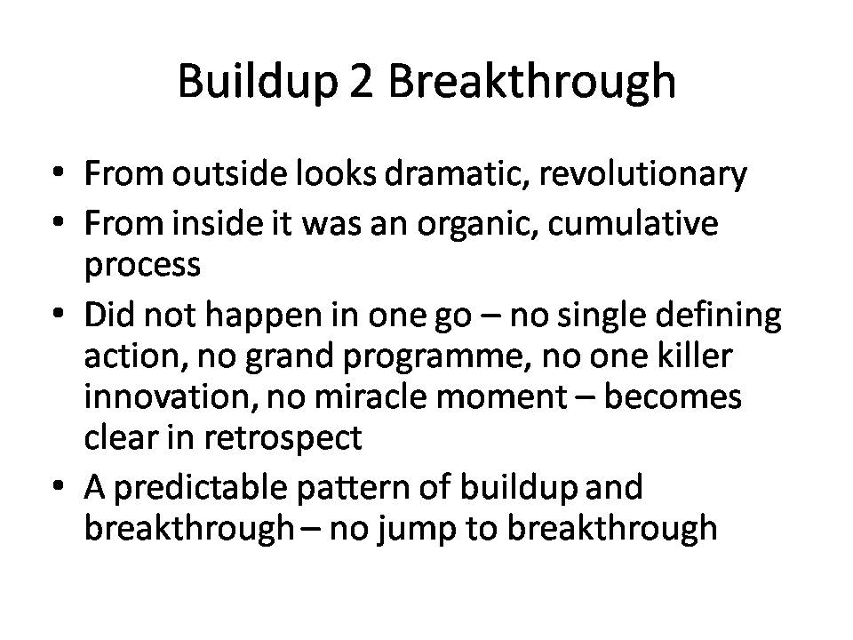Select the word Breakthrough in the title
[x=531, y=81]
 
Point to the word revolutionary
[x=642, y=175]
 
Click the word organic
[x=478, y=224]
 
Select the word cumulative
[x=633, y=223]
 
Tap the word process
[x=142, y=265]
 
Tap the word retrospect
[x=283, y=438]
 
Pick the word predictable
[x=200, y=488]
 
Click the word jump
[x=418, y=530]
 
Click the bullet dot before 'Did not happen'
[x=59, y=314]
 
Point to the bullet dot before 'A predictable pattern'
[x=59, y=485]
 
